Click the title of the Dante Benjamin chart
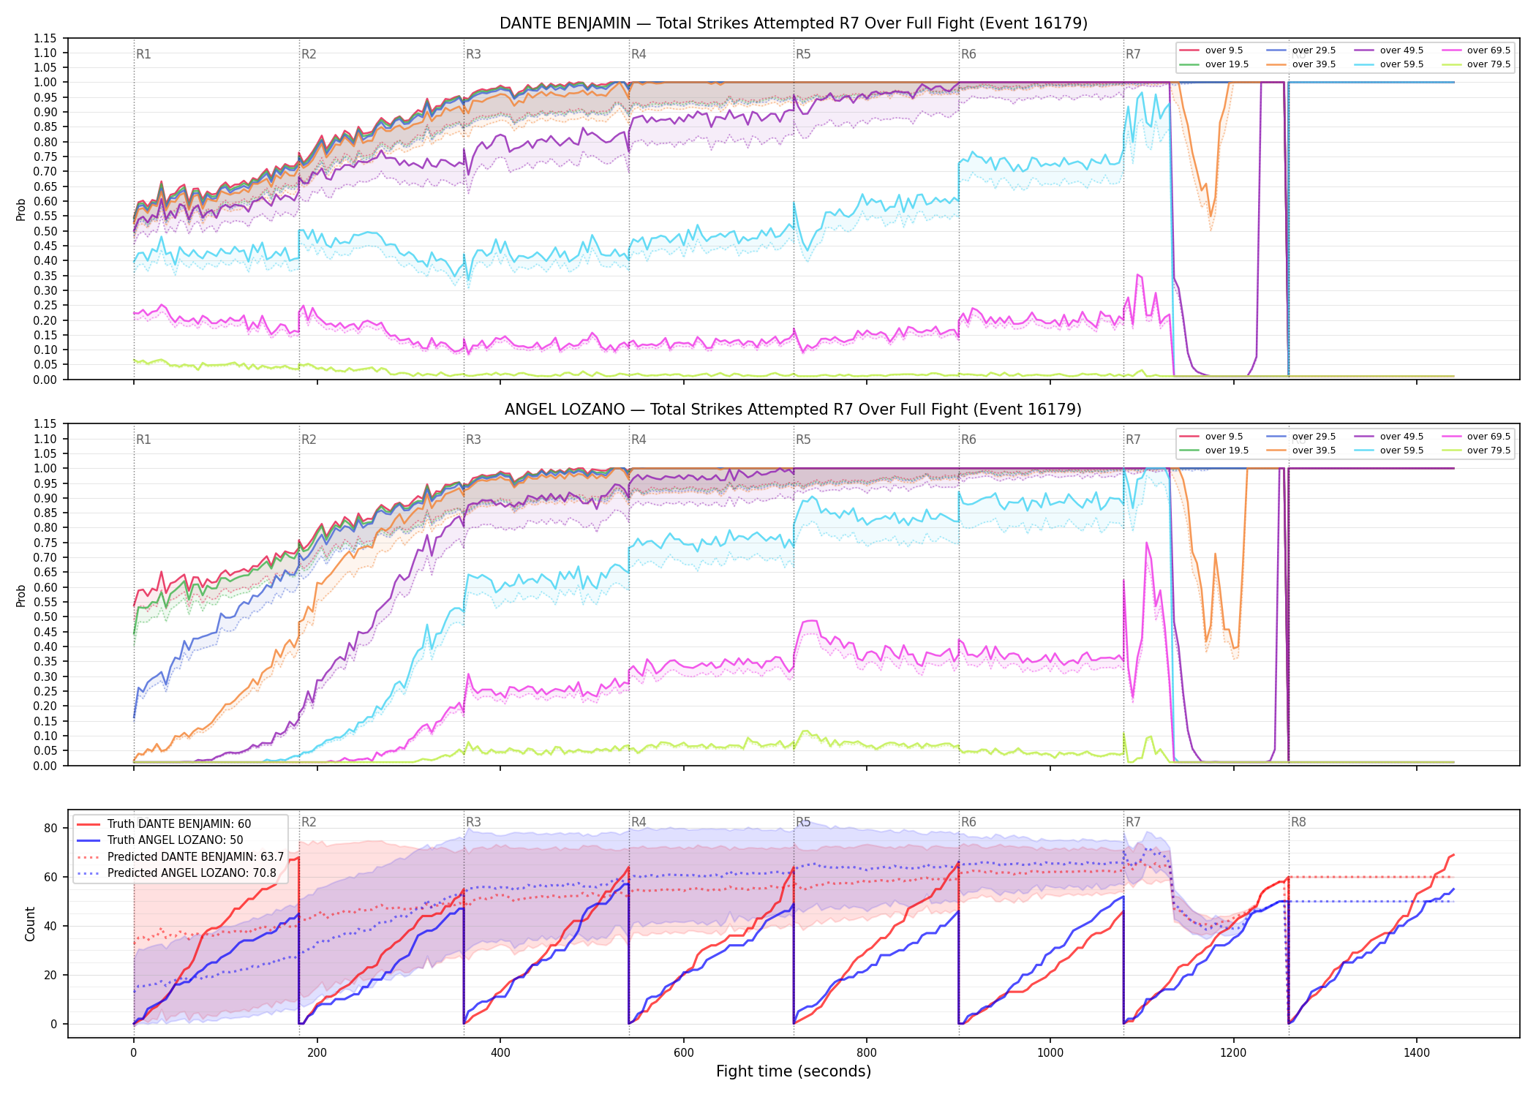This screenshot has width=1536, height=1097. click(794, 23)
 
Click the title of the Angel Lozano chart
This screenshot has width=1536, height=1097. click(794, 410)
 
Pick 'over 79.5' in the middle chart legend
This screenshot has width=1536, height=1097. click(1488, 451)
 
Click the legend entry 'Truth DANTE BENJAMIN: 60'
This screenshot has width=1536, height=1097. click(179, 824)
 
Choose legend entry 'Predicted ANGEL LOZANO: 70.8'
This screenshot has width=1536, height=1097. click(192, 873)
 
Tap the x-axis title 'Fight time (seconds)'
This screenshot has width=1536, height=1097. click(794, 1071)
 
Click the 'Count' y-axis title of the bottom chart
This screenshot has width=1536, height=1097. click(30, 924)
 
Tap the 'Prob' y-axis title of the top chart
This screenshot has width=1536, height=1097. click(21, 209)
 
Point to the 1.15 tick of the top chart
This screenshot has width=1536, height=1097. click(45, 38)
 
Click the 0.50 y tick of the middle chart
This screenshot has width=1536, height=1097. click(45, 617)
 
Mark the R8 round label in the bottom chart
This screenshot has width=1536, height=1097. click(1298, 822)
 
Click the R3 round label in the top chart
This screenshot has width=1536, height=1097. click(473, 54)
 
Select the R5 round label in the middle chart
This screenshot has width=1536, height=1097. click(803, 440)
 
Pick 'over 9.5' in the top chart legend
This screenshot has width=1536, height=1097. click(1224, 50)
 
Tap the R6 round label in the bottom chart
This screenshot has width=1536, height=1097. click(968, 822)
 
